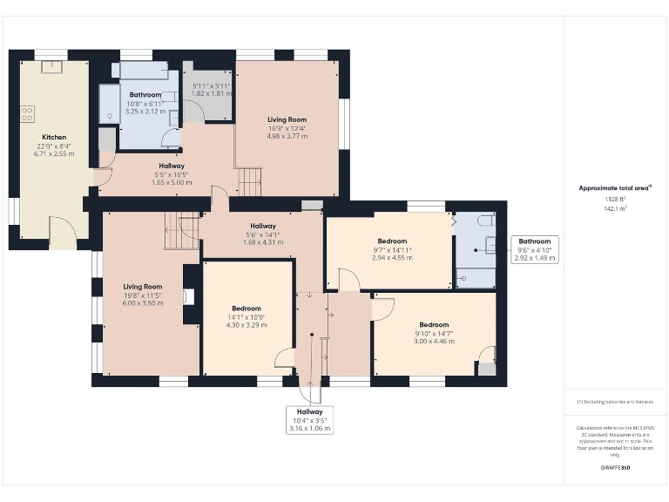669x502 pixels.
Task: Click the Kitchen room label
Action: pyautogui.click(x=54, y=137)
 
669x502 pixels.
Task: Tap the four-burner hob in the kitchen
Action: pyautogui.click(x=27, y=113)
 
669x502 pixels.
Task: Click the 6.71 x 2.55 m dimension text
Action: pyautogui.click(x=54, y=153)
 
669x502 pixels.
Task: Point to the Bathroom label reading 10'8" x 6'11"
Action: pyautogui.click(x=145, y=103)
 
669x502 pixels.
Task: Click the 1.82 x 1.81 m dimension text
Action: pyautogui.click(x=211, y=92)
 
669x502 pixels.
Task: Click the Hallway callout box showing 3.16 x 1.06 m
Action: pyautogui.click(x=309, y=420)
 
